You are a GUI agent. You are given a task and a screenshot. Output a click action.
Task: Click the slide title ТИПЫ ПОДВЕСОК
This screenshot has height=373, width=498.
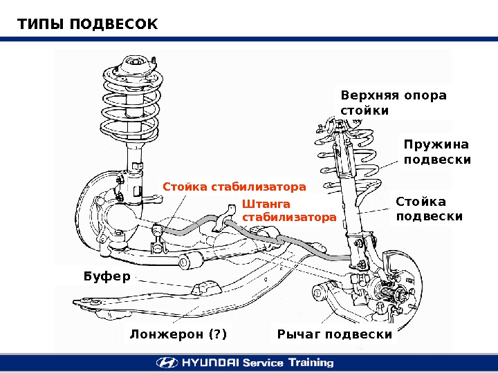88,25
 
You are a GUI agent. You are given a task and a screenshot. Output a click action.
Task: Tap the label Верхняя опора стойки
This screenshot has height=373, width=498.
394,102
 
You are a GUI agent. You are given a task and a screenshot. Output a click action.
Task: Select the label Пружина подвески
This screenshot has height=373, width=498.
436,152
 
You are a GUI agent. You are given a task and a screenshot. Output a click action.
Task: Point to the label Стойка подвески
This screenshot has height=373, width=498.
429,209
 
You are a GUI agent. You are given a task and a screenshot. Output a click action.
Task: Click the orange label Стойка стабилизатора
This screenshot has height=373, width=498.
234,187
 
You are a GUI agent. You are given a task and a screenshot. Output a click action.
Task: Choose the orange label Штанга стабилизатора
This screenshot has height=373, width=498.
288,211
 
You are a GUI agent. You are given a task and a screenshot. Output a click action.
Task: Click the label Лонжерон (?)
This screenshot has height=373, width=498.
178,335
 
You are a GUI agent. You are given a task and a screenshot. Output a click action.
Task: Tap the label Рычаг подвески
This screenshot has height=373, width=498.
334,335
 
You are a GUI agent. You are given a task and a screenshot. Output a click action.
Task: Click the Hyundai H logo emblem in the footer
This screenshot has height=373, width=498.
167,363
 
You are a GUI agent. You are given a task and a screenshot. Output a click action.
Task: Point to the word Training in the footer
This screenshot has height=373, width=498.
309,363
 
